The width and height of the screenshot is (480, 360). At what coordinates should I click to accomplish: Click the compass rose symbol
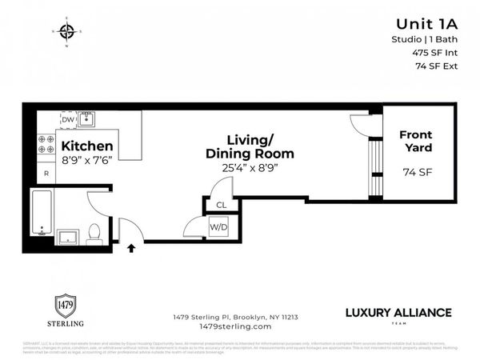pos(66,32)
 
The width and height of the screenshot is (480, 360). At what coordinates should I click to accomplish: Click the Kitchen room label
pos(87,146)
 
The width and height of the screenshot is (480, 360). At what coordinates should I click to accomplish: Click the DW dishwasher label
pos(68,120)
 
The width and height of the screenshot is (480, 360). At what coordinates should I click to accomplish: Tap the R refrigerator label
pos(46,174)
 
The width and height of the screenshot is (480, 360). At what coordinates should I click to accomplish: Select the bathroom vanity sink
pos(68,236)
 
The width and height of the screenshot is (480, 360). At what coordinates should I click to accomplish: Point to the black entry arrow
pos(131,250)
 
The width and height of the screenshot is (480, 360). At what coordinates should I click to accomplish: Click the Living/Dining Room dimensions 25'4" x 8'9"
pos(249,169)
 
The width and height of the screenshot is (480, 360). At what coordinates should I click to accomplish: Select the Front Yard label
pos(415,142)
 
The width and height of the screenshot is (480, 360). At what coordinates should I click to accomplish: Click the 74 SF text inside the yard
pos(415,171)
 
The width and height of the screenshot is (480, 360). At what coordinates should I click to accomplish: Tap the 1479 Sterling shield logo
pos(62,305)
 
